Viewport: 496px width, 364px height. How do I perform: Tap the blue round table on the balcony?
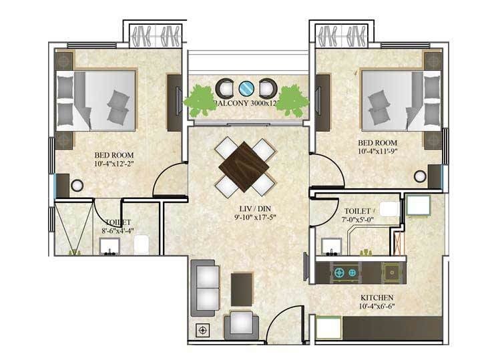[246, 87]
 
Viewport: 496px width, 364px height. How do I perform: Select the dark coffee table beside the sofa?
[242, 287]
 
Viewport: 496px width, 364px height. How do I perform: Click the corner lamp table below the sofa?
[202, 329]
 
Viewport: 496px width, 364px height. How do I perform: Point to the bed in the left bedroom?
[103, 100]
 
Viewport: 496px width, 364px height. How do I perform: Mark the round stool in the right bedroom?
[420, 176]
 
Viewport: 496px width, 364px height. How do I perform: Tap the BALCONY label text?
[233, 104]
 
